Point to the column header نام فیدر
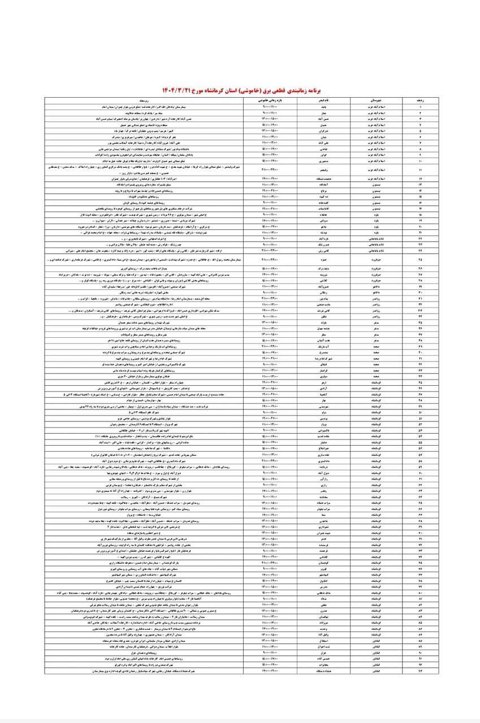tap(317, 99)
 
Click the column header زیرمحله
tap(144, 99)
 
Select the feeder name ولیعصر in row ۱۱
tap(317, 169)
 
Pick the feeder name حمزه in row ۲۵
tap(317, 260)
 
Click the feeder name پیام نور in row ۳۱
tap(317, 298)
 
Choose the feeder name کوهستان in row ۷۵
tap(317, 563)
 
